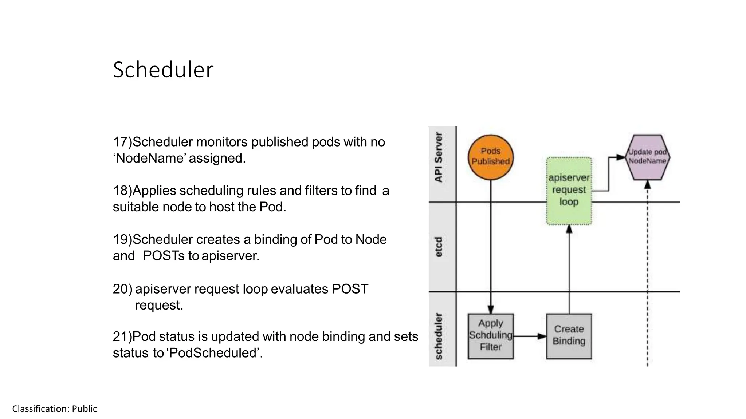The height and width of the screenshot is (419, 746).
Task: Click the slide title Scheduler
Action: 163,70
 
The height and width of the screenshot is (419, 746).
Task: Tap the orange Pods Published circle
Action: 490,157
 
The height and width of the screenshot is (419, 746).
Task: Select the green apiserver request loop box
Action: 569,191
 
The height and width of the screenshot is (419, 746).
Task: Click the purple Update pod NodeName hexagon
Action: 647,157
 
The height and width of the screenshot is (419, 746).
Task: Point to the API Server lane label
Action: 439,157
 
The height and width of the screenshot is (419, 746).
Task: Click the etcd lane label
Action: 439,247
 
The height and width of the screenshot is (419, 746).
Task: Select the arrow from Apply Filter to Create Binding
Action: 530,336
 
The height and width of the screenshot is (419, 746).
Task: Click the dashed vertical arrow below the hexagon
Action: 647,273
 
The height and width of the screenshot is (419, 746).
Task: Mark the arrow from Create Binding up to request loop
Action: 569,269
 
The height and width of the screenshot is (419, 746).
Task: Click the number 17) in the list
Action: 122,142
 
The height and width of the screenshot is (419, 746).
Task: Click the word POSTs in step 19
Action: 164,256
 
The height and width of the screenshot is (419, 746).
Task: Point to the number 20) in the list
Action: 122,289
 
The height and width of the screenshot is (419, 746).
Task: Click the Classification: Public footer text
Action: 55,409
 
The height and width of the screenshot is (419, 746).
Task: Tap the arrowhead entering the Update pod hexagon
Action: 621,157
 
